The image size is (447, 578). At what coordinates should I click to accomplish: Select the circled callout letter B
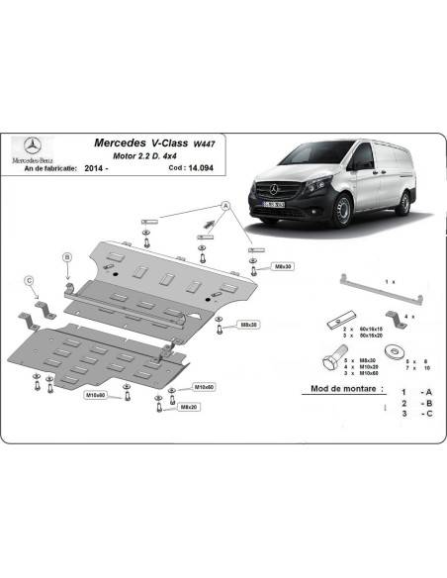click(x=67, y=257)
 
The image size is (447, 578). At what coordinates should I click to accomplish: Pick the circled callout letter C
click(x=30, y=280)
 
